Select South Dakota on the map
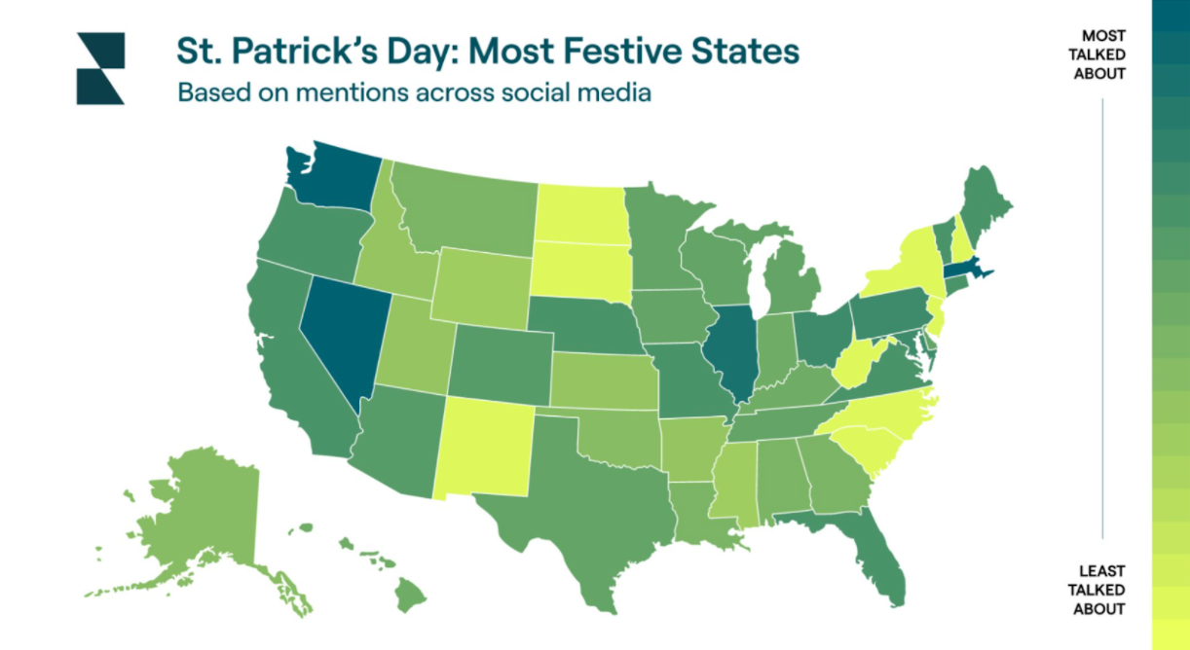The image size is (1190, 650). point(580,266)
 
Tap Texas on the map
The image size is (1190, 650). point(575,506)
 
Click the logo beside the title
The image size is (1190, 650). point(100,68)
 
